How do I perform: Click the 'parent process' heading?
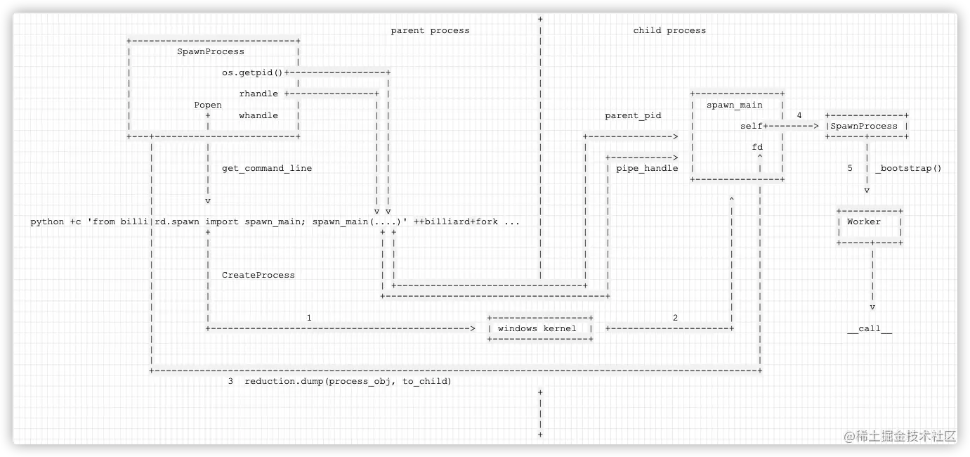tap(430, 30)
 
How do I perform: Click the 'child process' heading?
tap(669, 30)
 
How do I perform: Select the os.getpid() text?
tap(252, 72)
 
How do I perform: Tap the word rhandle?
tap(258, 94)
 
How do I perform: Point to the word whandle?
tap(258, 115)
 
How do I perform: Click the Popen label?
tap(208, 105)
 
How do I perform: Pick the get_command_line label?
tap(267, 168)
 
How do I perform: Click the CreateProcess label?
tap(258, 275)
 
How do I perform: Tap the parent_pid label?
tap(633, 115)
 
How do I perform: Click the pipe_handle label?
tap(647, 168)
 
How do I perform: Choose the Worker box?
tap(870, 222)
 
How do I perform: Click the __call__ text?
tap(870, 328)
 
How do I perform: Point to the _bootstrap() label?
tap(908, 168)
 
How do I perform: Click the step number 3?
tap(230, 381)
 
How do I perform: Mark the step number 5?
tap(850, 168)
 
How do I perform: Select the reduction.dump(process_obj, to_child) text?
tap(348, 381)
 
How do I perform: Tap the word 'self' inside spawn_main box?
tap(751, 126)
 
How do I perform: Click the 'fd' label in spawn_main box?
tap(757, 147)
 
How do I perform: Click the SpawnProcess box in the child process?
tap(867, 126)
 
